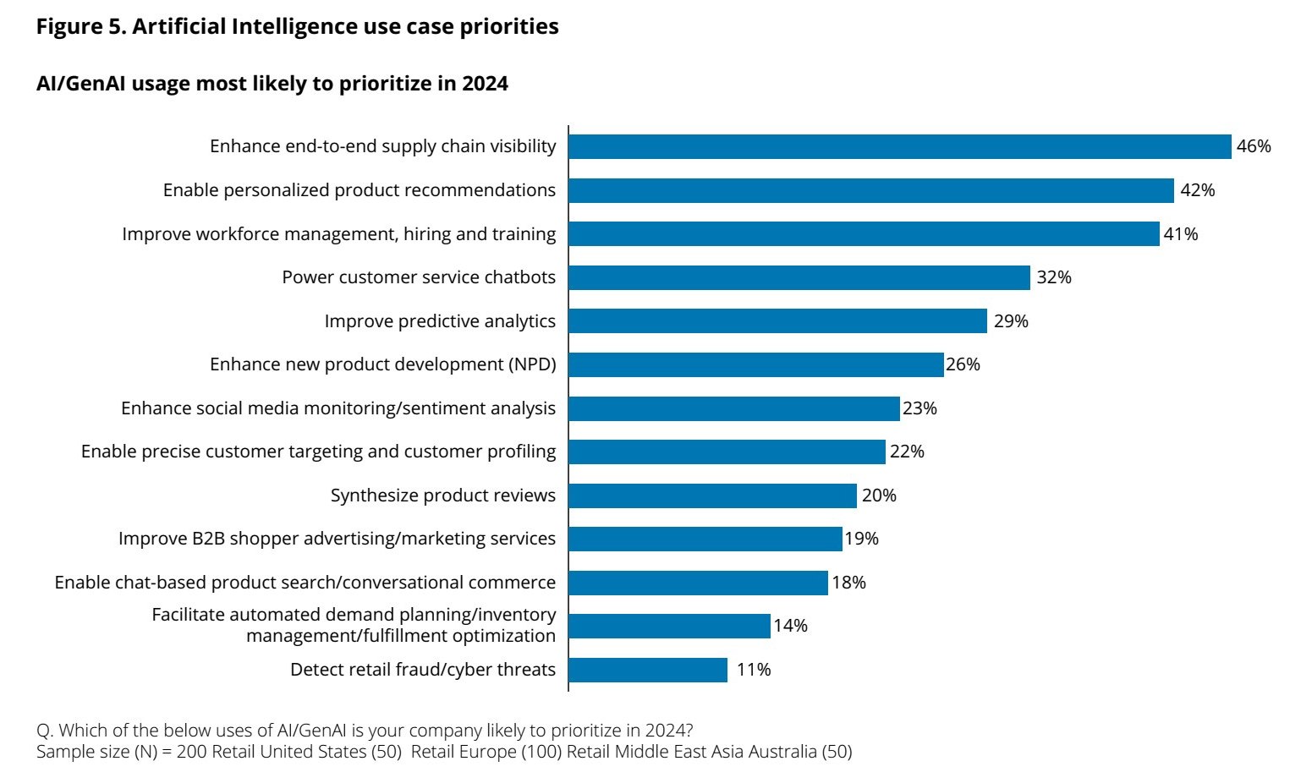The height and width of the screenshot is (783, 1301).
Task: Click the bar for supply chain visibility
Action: point(899,146)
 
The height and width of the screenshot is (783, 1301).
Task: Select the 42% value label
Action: point(1197,190)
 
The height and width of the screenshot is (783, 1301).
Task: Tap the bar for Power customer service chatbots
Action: point(799,277)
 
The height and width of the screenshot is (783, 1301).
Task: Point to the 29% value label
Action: point(1011,321)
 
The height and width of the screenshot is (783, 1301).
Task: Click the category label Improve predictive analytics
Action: point(440,321)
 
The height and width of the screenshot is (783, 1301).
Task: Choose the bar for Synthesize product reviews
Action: point(712,496)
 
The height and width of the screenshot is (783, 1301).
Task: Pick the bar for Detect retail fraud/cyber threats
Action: point(648,670)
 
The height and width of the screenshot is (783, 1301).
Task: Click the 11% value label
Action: point(754,670)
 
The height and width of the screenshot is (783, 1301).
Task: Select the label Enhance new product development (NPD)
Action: point(383,364)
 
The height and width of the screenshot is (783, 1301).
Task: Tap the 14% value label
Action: point(790,626)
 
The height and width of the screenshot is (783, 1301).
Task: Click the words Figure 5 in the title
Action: point(80,27)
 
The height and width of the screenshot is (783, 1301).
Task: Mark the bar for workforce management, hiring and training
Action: point(864,234)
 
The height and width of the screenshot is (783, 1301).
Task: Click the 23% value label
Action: point(919,408)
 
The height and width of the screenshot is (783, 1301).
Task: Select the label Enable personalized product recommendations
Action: point(360,190)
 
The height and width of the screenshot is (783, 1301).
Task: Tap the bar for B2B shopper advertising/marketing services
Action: point(705,539)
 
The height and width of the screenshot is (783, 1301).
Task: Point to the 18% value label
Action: point(848,583)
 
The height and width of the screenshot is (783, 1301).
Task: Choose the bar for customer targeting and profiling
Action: point(727,452)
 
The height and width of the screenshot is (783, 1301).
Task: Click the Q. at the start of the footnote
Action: point(45,731)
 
